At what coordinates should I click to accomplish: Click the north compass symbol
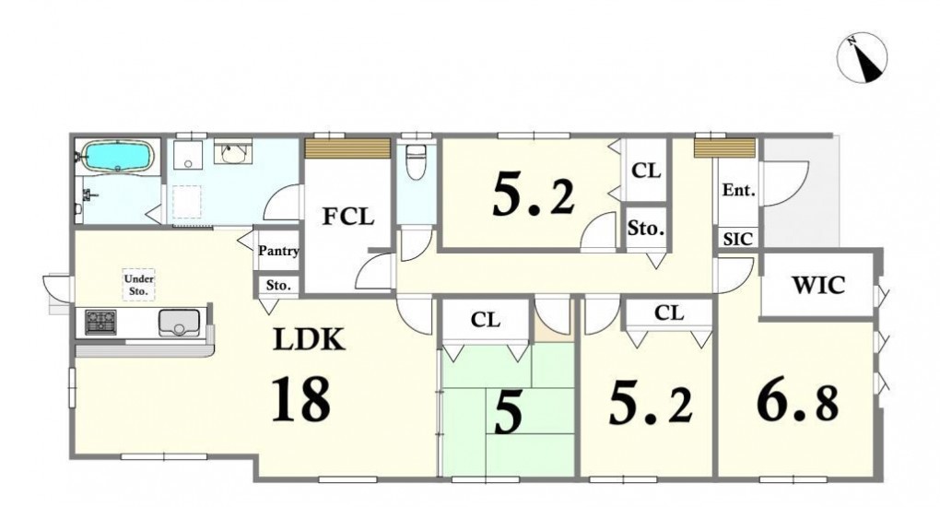[x=862, y=58]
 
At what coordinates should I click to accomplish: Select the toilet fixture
[x=416, y=161]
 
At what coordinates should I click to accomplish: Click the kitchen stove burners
[x=100, y=323]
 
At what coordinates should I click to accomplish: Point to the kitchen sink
[x=179, y=323]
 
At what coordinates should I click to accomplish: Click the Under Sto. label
[x=139, y=285]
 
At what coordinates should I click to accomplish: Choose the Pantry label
[x=278, y=251]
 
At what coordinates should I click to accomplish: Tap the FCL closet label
[x=348, y=216]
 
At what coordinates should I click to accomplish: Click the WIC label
[x=818, y=285]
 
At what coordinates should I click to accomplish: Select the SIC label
[x=738, y=239]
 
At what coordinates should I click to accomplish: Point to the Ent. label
[x=738, y=190]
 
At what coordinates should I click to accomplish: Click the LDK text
[x=310, y=339]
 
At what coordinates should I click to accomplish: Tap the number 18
[x=301, y=398]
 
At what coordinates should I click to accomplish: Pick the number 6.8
[x=797, y=403]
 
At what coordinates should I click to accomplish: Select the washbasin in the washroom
[x=232, y=152]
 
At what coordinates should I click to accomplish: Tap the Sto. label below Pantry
[x=278, y=285]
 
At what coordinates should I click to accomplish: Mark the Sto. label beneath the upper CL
[x=646, y=228]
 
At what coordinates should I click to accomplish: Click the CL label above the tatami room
[x=486, y=319]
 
